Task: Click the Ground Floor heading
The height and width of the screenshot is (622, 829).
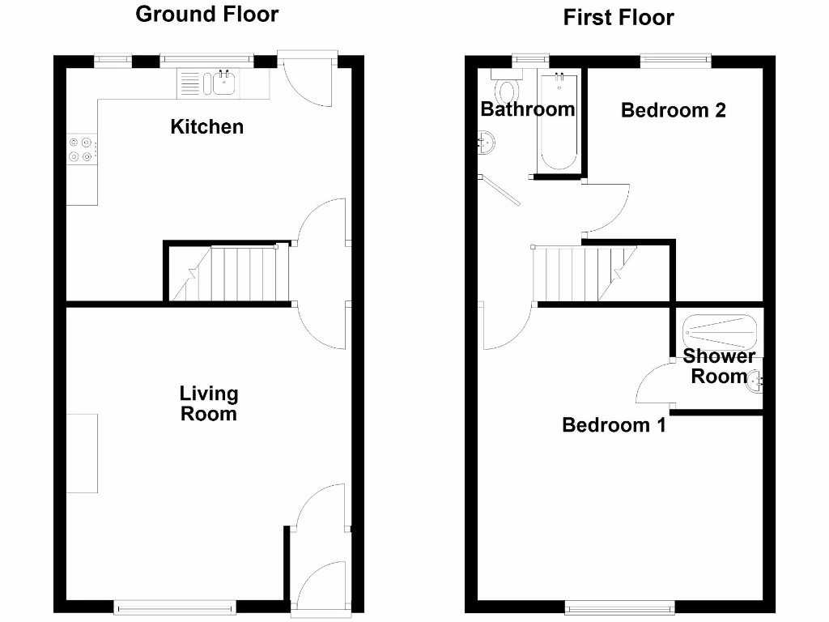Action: click(x=207, y=14)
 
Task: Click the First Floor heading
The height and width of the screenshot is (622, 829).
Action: click(x=619, y=17)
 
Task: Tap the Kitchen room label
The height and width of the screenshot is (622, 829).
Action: click(x=206, y=126)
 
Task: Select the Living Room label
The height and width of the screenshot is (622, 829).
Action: click(x=209, y=403)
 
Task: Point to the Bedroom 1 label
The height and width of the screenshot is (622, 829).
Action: click(x=614, y=424)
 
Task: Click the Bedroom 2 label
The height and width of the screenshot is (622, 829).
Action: click(x=673, y=110)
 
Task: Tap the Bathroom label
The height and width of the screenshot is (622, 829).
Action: click(x=527, y=109)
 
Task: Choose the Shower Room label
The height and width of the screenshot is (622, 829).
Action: click(x=719, y=366)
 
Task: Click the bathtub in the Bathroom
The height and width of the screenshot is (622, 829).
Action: click(x=557, y=121)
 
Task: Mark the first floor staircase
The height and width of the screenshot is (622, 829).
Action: click(x=583, y=274)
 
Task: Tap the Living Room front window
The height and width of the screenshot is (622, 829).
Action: click(x=175, y=606)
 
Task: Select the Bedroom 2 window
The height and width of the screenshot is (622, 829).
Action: click(x=674, y=59)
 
